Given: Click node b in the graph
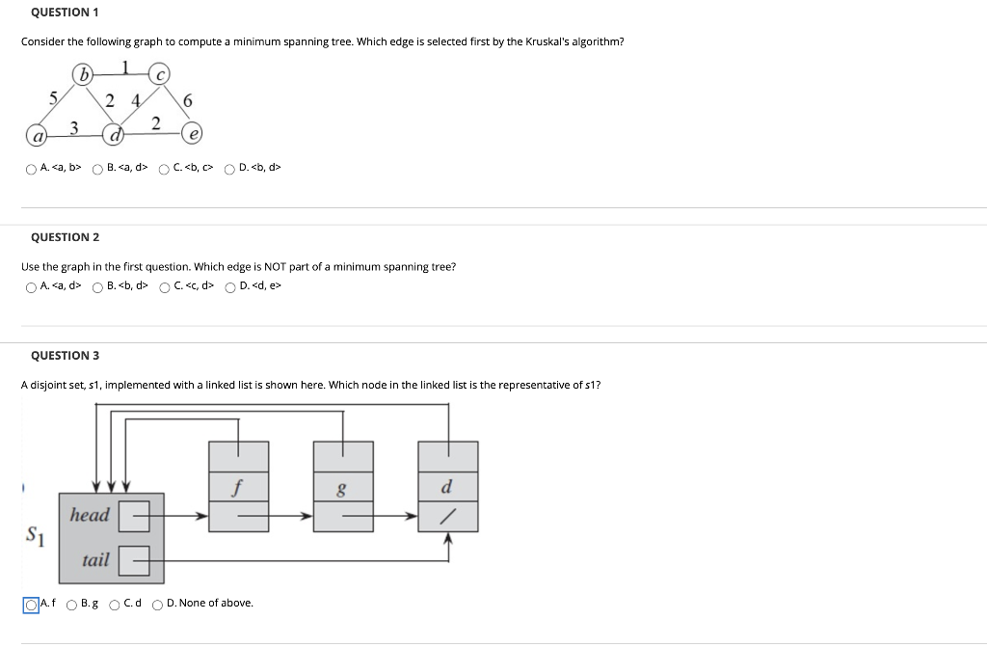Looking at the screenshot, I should coord(85,74).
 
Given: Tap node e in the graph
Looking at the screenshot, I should coord(194,133).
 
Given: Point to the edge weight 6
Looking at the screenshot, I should coord(187,101).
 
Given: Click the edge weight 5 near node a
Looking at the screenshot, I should coord(54,96).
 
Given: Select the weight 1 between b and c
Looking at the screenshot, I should coord(125,67).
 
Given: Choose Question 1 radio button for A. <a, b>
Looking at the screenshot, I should coord(32,169).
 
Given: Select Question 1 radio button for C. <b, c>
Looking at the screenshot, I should coord(165,169).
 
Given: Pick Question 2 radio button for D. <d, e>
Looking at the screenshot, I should coord(230,286).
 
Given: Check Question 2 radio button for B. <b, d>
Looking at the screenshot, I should coord(98,286).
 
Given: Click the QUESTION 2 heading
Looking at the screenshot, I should coord(65,237).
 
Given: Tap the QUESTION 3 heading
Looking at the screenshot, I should coord(65,356).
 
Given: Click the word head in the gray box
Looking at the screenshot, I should coord(90,515).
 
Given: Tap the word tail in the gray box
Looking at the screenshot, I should coord(95,560).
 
